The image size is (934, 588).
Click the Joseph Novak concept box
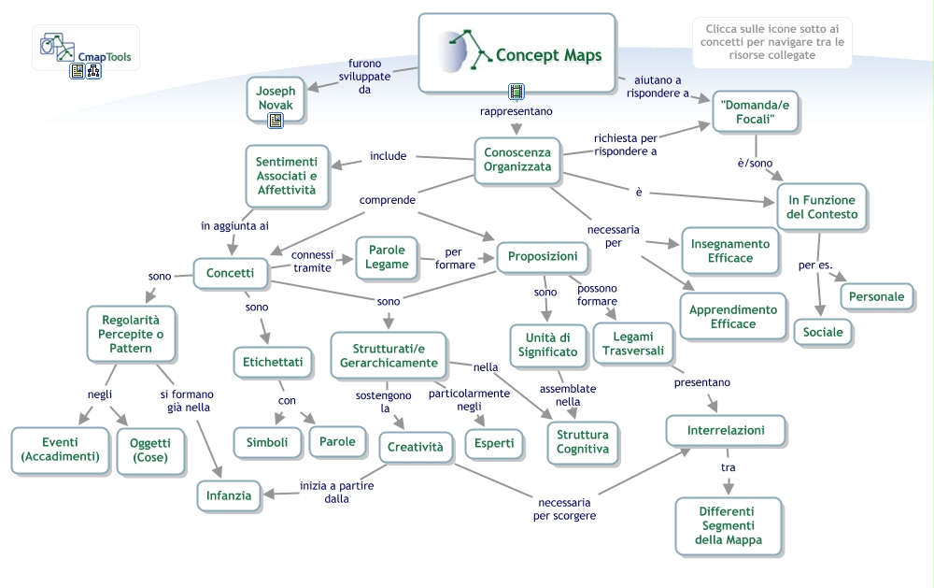coord(276,98)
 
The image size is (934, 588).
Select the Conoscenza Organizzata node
coord(517,160)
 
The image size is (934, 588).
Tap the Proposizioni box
coord(542,256)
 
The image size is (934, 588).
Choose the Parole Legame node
coord(387,257)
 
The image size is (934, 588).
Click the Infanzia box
coord(229,495)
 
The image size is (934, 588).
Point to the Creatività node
coord(416,447)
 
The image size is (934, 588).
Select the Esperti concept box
coord(494,443)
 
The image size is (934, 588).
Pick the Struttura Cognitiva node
coord(583,442)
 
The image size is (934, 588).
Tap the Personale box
coord(876,296)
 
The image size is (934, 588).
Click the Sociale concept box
coord(823,332)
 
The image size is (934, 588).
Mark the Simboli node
coord(267,442)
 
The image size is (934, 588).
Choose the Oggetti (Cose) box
coord(150,451)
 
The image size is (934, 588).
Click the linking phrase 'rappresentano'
coord(516,111)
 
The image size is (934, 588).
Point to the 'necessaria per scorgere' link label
coord(564,509)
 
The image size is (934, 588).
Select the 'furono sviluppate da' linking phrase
coord(364,77)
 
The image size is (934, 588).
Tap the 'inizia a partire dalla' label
coord(336,492)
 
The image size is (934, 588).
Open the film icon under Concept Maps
coord(517,92)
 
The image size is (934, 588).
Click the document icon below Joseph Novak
coord(276,121)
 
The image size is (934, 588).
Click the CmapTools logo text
coord(105,57)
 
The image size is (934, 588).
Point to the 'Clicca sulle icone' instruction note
coord(772,42)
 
